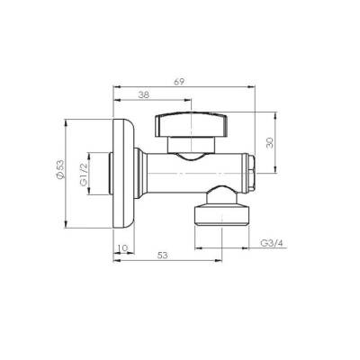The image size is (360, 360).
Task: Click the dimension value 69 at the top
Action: [x=180, y=82]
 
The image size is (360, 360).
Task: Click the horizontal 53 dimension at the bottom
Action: [x=163, y=256]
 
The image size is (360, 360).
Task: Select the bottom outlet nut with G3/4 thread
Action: [x=220, y=212]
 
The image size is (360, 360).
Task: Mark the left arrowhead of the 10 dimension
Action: [x=115, y=251]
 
